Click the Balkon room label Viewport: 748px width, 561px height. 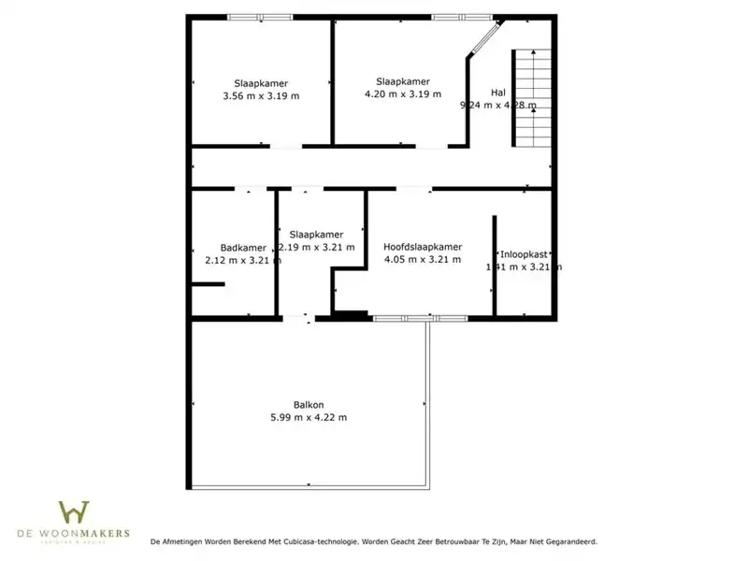tap(309, 404)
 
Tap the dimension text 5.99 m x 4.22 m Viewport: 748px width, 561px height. tap(309, 417)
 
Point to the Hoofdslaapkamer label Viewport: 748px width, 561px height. tap(423, 247)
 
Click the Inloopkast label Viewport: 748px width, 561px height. tap(524, 254)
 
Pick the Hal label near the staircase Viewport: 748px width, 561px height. tap(497, 92)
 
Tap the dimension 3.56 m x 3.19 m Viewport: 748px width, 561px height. tap(262, 95)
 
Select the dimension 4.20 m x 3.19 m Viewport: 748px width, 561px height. tap(403, 93)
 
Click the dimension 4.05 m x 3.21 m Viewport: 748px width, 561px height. tap(423, 260)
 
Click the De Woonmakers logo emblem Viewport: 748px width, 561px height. tap(74, 512)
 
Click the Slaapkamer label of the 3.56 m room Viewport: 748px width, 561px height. tap(262, 82)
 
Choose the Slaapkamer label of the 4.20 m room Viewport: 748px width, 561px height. tap(403, 80)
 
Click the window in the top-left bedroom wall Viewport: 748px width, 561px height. tap(260, 17)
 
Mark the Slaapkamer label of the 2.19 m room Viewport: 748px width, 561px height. tap(316, 234)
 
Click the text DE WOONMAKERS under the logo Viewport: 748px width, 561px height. tap(74, 534)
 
